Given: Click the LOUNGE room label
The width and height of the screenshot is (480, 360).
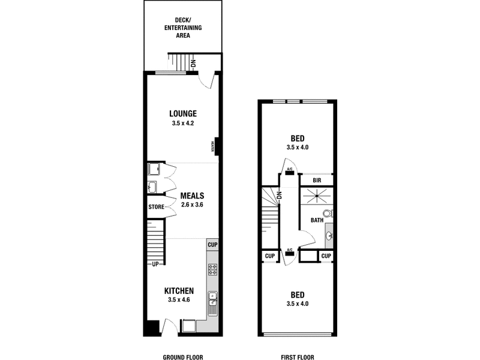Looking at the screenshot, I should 183,113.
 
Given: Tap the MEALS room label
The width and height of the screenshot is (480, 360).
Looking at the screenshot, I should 193,196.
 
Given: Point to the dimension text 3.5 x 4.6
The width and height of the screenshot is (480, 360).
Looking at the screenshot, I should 180,301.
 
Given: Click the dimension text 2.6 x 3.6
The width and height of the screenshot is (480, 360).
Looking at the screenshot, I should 193,205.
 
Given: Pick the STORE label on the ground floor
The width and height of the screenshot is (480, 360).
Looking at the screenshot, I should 157,207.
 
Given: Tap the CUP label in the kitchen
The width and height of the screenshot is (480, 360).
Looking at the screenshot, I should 212,245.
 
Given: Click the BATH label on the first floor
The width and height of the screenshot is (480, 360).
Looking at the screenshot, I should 316,220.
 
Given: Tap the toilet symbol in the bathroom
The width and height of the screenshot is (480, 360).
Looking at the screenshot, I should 328,213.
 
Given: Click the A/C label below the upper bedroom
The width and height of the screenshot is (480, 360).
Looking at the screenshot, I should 290,169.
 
